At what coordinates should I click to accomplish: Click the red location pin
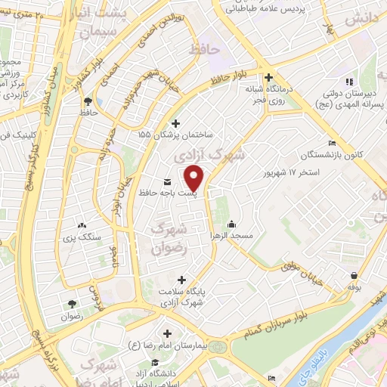pyautogui.click(x=195, y=178)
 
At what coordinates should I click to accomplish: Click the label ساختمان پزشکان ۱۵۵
pyautogui.click(x=176, y=134)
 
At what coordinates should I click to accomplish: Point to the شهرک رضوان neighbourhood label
pyautogui.click(x=169, y=234)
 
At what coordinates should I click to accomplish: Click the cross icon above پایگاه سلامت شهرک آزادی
pyautogui.click(x=181, y=280)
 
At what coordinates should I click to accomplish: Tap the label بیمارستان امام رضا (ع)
pyautogui.click(x=169, y=346)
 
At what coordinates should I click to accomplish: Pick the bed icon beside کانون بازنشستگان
pyautogui.click(x=332, y=144)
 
